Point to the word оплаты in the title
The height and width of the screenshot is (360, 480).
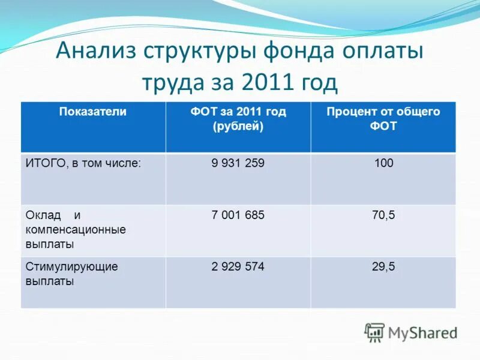click(386, 52)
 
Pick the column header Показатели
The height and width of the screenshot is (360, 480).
click(92, 112)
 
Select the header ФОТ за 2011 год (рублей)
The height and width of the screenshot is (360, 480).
click(238, 119)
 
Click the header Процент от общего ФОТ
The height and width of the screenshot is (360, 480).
click(383, 119)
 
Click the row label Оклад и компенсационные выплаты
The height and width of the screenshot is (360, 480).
click(76, 229)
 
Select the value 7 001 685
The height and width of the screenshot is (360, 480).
click(238, 215)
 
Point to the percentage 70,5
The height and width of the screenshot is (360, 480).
click(383, 215)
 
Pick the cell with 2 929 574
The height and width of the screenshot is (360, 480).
click(238, 267)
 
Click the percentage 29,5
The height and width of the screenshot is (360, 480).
click(383, 267)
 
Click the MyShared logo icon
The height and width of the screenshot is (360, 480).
click(374, 332)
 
